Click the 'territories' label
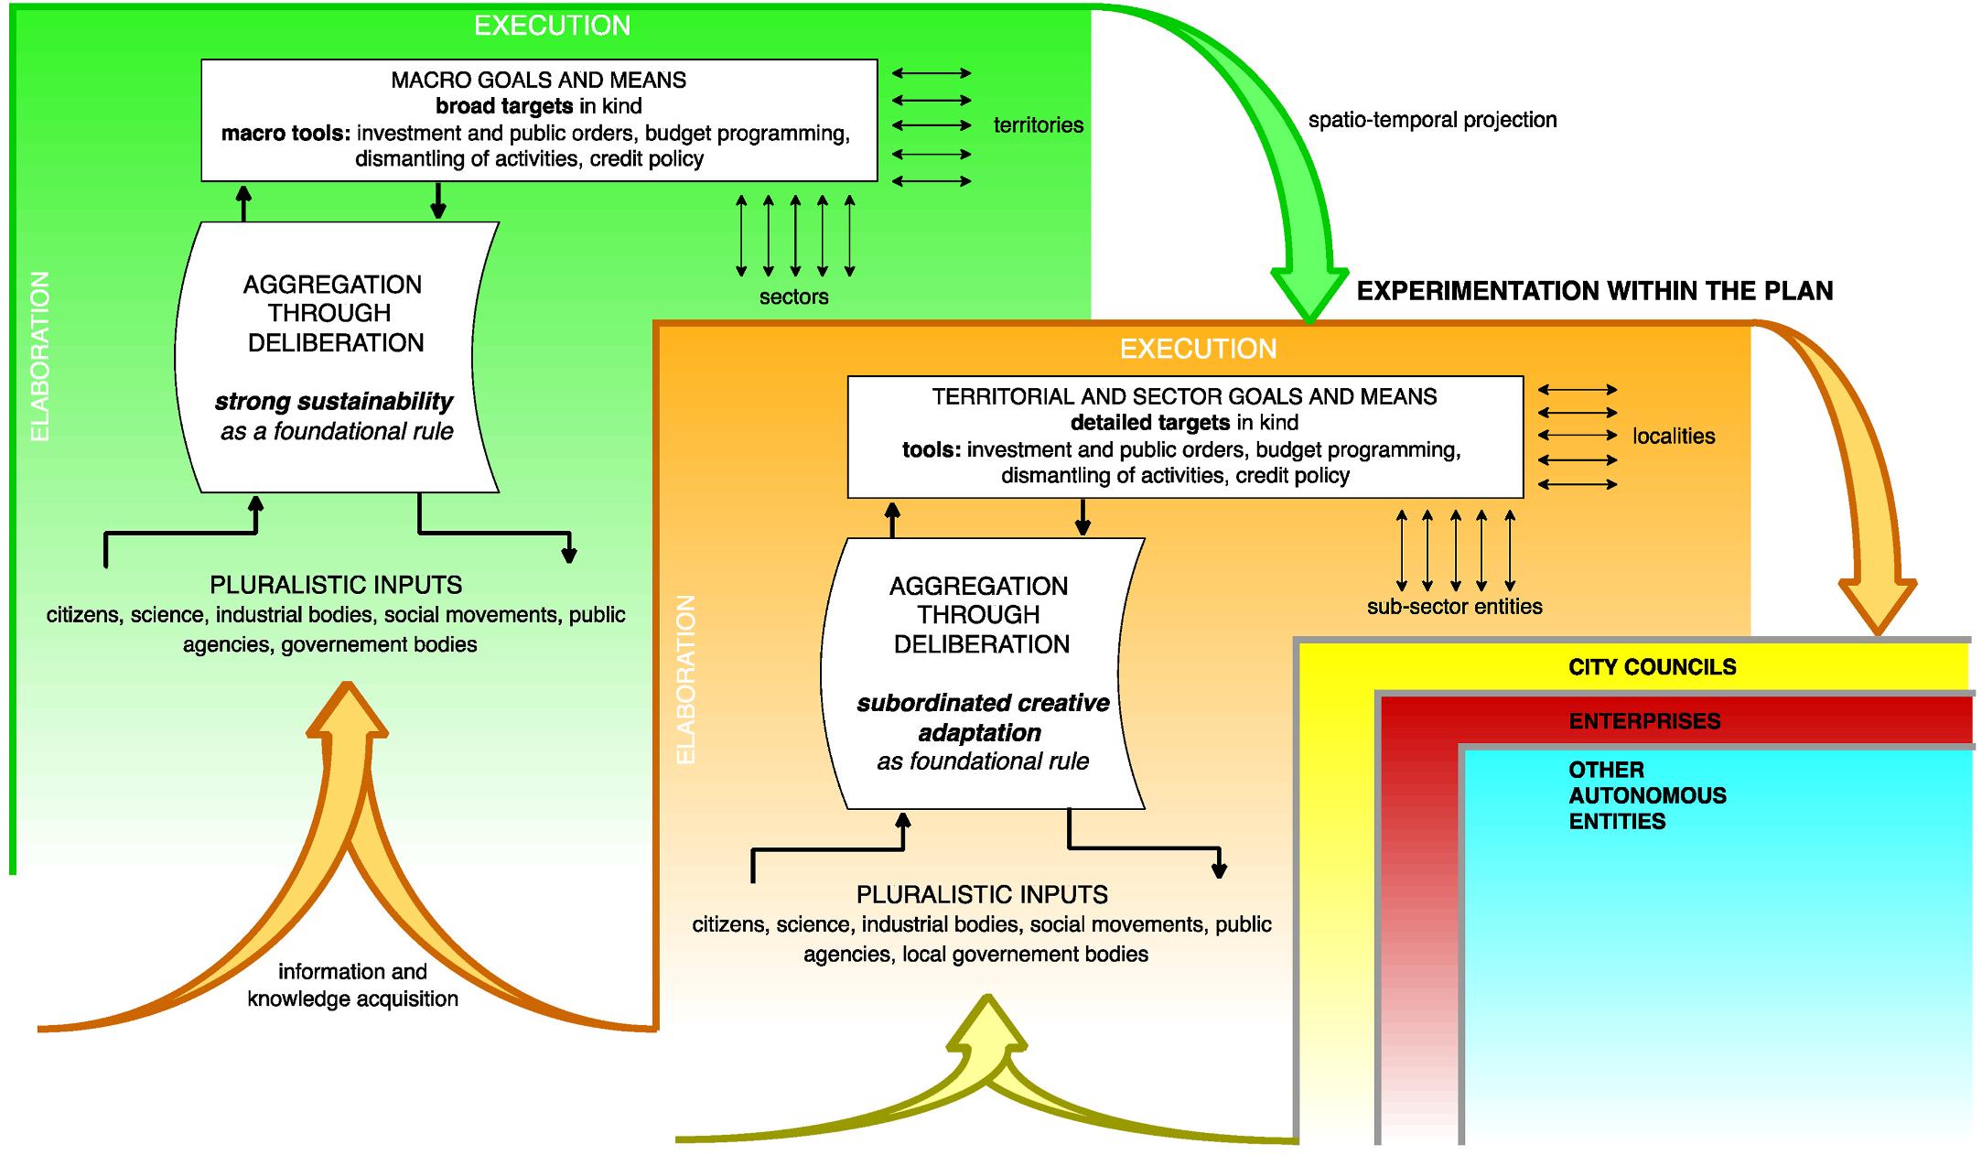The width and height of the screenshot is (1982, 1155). [1038, 125]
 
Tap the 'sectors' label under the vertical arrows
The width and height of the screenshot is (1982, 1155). [793, 297]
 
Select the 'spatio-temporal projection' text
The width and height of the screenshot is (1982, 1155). [1431, 120]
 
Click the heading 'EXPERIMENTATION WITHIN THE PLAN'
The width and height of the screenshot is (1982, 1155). [1594, 291]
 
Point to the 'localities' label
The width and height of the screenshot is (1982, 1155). [1673, 437]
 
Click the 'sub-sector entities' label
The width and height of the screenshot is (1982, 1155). [1454, 607]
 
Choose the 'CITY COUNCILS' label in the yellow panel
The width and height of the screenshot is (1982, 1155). [1652, 667]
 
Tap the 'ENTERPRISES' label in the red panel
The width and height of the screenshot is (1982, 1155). [1644, 721]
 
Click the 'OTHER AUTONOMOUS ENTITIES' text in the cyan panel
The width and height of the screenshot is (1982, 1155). [1646, 795]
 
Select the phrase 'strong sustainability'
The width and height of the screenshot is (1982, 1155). [333, 402]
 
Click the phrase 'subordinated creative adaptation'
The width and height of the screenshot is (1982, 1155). [982, 718]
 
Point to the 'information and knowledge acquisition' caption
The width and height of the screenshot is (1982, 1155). [352, 985]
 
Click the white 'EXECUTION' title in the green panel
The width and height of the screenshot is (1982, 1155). [552, 26]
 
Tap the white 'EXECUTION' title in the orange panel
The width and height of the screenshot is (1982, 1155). [1198, 349]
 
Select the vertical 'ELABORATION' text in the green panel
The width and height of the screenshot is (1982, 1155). [40, 357]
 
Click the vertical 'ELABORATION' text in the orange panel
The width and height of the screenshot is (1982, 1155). [686, 679]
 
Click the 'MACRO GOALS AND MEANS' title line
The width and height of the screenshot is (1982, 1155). [538, 81]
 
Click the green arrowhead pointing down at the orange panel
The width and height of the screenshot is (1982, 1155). [1309, 293]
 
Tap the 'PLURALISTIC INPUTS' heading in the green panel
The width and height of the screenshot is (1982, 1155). [336, 585]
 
